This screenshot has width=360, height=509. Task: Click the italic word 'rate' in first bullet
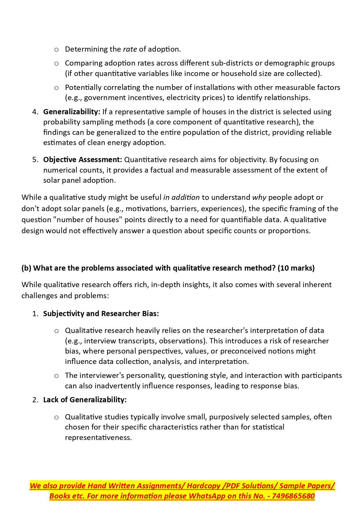pyautogui.click(x=130, y=49)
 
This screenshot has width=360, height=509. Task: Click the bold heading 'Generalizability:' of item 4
pyautogui.click(x=72, y=112)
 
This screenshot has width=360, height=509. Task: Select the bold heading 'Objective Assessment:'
pyautogui.click(x=82, y=160)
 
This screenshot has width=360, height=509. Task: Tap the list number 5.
pyautogui.click(x=35, y=160)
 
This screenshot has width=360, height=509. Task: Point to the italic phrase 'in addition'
pyautogui.click(x=181, y=198)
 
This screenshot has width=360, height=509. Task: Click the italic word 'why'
pyautogui.click(x=259, y=198)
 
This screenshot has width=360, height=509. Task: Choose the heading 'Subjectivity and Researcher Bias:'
pyautogui.click(x=101, y=314)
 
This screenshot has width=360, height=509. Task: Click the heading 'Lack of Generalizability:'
pyautogui.click(x=85, y=400)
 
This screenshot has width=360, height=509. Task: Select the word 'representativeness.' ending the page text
pyautogui.click(x=98, y=438)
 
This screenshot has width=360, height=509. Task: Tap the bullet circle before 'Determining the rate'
pyautogui.click(x=57, y=50)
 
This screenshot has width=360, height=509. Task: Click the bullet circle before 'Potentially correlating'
pyautogui.click(x=57, y=88)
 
